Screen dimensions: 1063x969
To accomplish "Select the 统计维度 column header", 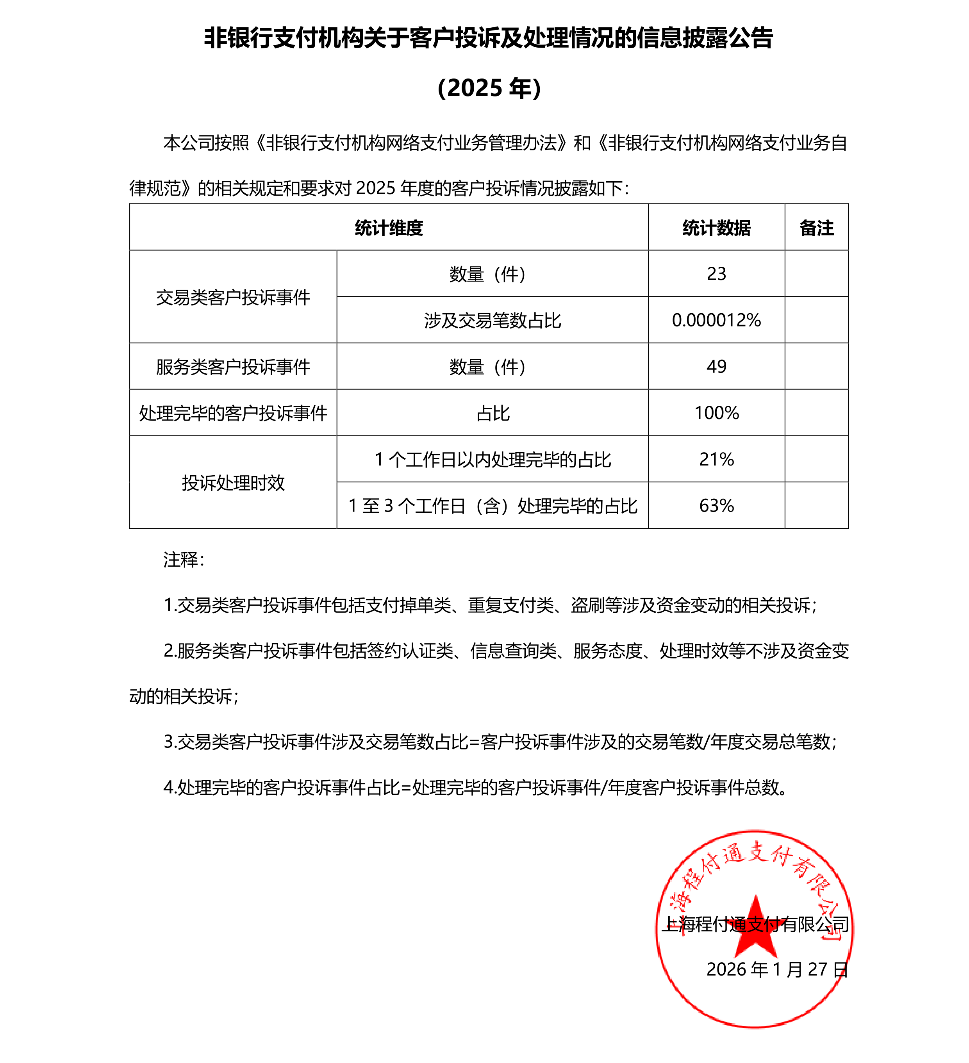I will pos(389,228).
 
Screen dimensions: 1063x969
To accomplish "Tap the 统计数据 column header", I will pos(716,228).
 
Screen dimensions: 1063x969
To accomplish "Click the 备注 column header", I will pos(816,228).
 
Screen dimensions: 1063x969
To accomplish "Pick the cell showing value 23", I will pos(716,274).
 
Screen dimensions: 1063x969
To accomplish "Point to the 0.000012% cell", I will pos(716,320).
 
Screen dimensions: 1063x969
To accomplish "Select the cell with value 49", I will pos(716,366).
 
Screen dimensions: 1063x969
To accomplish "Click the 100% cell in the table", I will pos(716,413).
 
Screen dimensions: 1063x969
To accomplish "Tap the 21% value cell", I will pos(716,459).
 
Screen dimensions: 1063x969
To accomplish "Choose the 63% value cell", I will pos(716,506).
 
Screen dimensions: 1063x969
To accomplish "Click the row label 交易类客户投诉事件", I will pos(233,298).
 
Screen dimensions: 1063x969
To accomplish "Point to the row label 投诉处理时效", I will pos(233,482).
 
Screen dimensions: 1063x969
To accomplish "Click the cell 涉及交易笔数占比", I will pos(493,321).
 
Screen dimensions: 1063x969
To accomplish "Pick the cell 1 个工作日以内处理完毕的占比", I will pos(493,460).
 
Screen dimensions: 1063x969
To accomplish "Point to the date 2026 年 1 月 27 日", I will pos(776,969).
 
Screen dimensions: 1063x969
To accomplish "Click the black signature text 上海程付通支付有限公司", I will pos(755,924).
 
